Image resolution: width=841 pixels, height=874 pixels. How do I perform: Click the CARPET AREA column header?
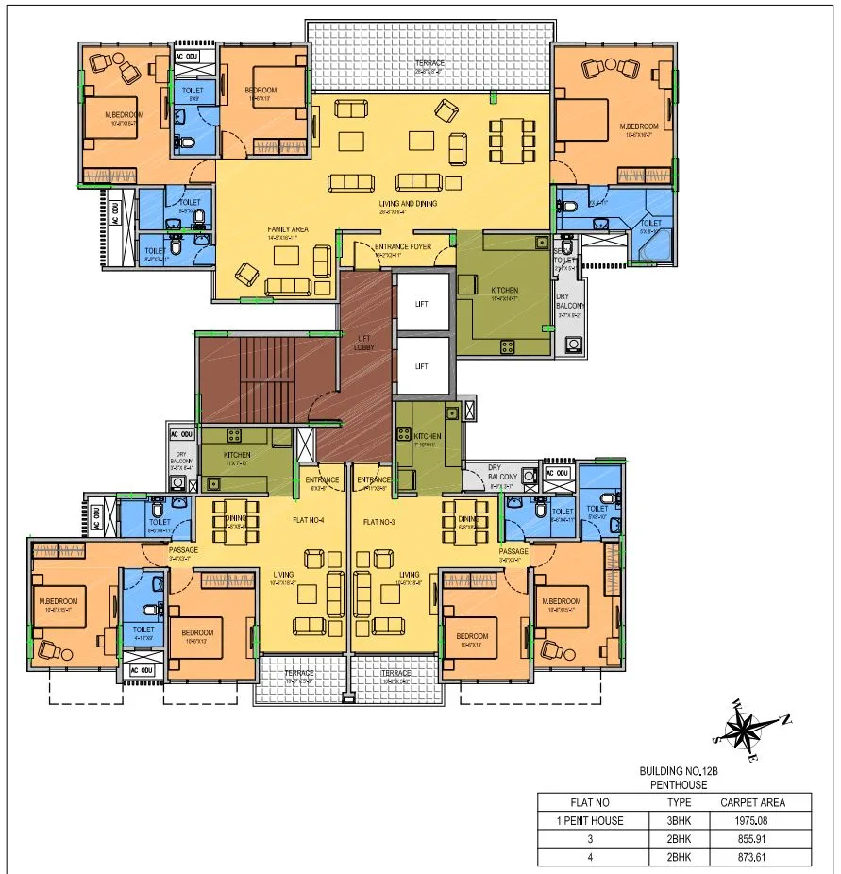click(752, 802)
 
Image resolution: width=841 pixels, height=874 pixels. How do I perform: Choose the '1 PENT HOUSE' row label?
click(590, 820)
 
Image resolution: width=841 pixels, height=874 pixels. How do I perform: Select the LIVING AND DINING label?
click(410, 203)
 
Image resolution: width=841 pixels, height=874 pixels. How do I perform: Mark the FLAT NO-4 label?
click(310, 520)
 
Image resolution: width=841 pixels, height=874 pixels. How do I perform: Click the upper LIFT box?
click(422, 305)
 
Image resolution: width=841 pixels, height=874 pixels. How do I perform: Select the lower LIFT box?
click(422, 366)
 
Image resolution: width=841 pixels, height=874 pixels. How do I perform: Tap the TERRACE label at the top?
click(430, 64)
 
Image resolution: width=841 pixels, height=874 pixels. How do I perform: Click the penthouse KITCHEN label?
click(504, 289)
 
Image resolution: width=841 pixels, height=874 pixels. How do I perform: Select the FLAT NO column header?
click(590, 802)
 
